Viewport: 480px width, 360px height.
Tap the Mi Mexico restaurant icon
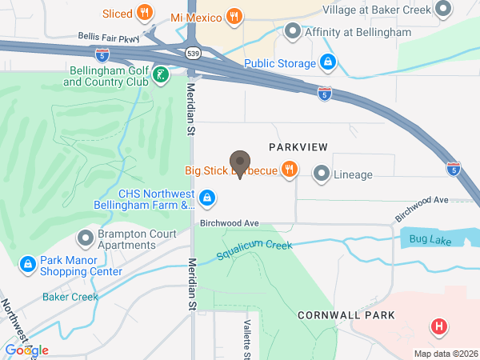tap(234, 16)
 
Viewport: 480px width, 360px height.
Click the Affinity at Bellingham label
tap(351, 33)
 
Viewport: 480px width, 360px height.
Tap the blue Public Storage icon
tap(327, 62)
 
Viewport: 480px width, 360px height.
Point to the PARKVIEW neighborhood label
tap(298, 146)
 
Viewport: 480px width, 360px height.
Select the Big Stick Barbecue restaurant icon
tap(290, 170)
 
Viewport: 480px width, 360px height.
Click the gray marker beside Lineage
tap(322, 173)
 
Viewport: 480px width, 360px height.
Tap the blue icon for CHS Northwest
tap(206, 197)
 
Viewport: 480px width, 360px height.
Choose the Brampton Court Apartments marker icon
tap(86, 238)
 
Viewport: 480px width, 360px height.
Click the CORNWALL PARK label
tap(346, 315)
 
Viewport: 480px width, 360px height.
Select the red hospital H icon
tap(438, 326)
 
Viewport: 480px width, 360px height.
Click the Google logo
tap(26, 350)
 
